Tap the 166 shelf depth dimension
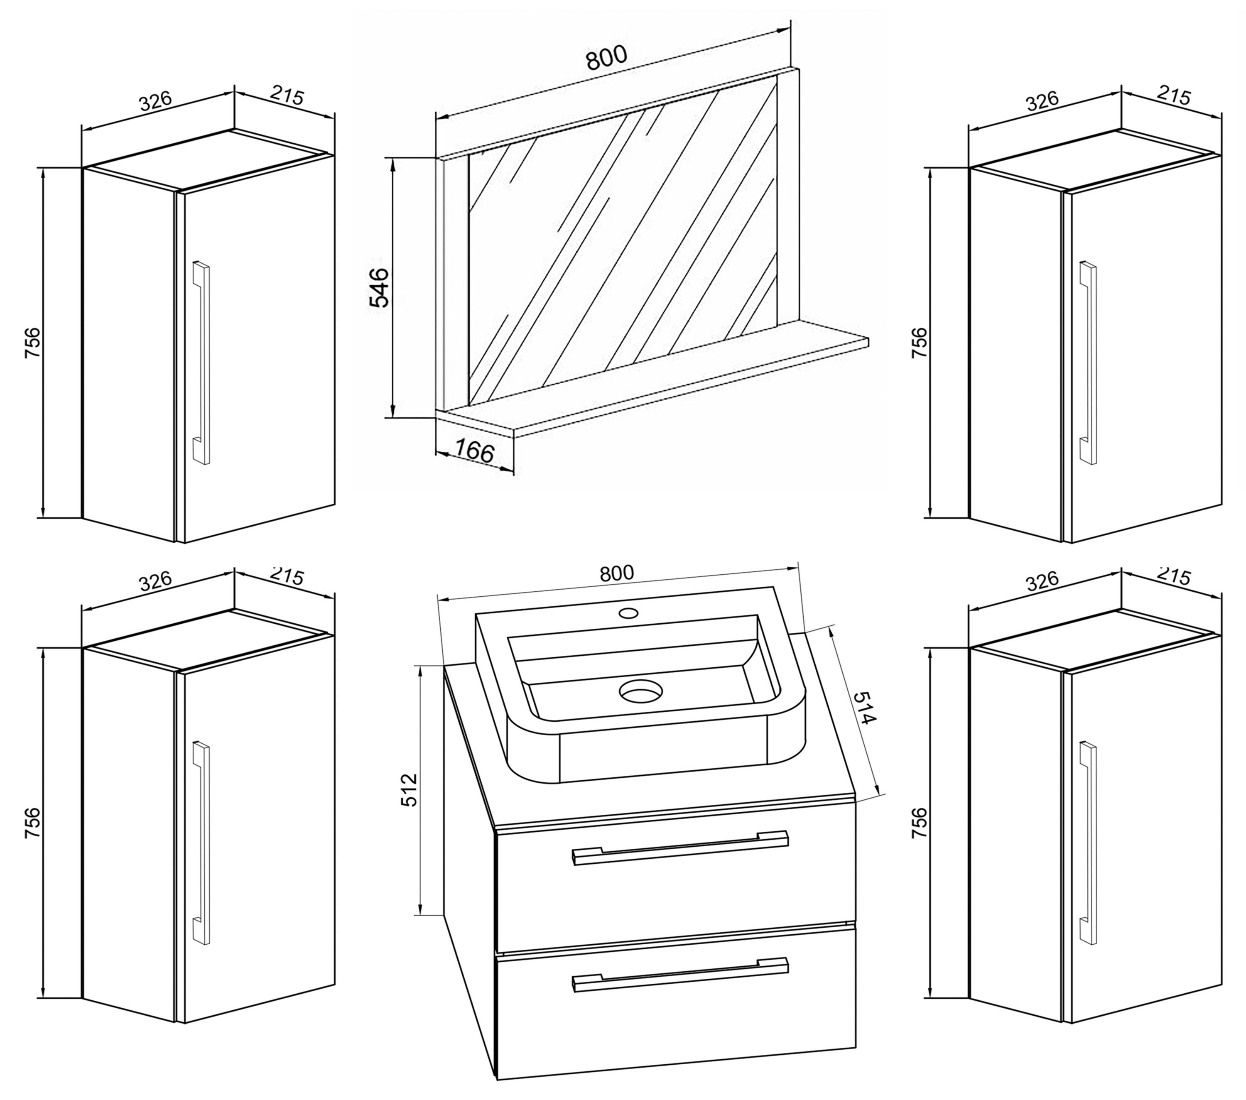[474, 453]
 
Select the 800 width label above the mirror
[606, 58]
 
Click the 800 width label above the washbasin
[616, 573]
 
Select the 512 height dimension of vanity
[410, 790]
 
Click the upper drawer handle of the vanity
[679, 848]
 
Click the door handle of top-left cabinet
[201, 363]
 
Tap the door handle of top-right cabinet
[1087, 363]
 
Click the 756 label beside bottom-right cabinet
[919, 823]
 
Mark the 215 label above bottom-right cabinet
[1173, 576]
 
